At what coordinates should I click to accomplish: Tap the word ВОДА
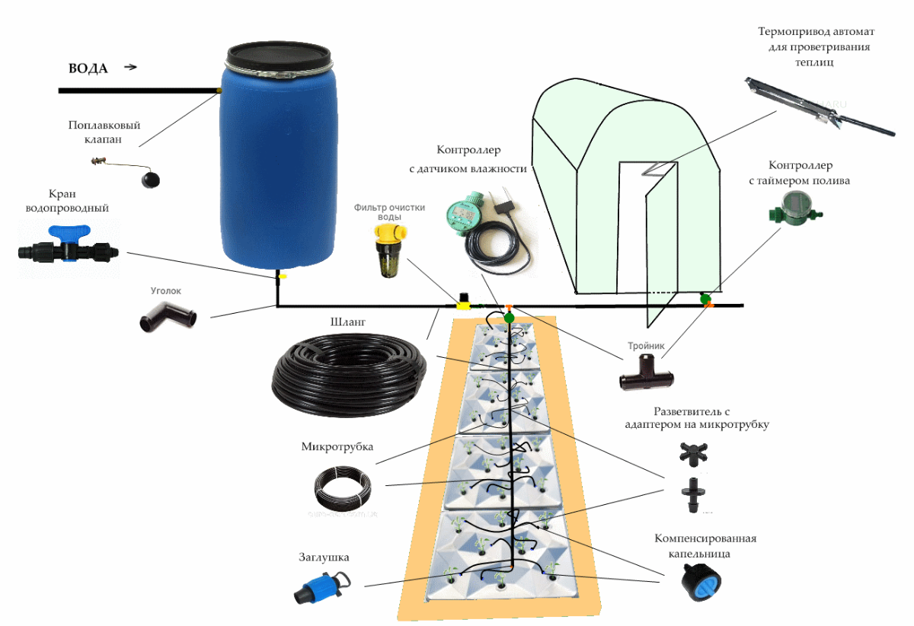88,69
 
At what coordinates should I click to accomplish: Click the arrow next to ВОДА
130,67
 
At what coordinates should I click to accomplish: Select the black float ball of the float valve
151,180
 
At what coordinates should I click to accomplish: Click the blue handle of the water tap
69,232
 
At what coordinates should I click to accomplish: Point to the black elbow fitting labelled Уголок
168,317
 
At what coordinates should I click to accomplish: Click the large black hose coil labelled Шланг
349,375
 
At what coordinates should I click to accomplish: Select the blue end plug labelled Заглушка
322,587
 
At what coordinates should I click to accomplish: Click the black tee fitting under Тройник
646,372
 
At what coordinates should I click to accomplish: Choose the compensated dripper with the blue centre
701,583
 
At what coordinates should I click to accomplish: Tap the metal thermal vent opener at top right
820,106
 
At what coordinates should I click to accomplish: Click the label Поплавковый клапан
104,132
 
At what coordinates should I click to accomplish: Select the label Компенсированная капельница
705,545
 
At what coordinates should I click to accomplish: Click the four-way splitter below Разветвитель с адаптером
693,454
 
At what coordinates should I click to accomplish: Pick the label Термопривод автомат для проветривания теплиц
816,46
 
